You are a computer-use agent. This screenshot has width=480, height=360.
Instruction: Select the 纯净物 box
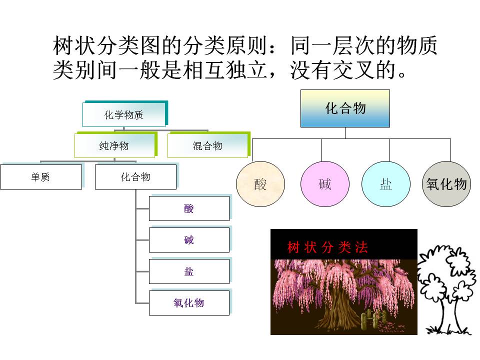point(115,146)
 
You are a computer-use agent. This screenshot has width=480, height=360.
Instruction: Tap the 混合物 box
point(207,146)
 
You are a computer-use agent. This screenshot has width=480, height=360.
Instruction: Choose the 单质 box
point(41,177)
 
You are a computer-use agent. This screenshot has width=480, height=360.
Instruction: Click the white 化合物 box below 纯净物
point(135,177)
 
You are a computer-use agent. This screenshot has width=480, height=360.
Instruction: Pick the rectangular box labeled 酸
point(189,208)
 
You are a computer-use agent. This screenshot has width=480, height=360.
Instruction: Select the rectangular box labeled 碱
point(189,240)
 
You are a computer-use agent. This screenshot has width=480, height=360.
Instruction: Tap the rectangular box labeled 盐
point(189,271)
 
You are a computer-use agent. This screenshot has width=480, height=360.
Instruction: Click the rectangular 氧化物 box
point(189,303)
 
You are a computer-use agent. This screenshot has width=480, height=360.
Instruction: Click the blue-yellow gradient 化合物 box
point(345,108)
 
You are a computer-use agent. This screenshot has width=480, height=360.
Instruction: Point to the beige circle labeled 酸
point(260,184)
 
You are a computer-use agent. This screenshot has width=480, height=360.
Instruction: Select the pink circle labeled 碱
point(325,184)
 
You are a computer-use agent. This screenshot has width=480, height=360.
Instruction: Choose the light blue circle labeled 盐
point(386,184)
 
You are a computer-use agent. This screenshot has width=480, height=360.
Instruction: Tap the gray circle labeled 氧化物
point(446,184)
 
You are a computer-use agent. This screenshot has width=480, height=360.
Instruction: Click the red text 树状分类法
point(327,247)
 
